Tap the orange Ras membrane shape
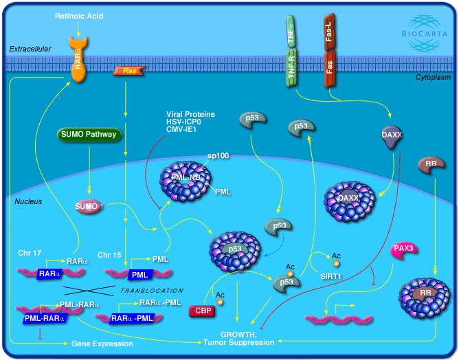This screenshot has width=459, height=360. [129, 71]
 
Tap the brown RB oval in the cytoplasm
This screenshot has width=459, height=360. [431, 165]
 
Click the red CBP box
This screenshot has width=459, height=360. [201, 311]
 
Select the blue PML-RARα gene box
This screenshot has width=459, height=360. [36, 317]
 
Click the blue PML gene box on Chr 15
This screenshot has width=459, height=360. [140, 275]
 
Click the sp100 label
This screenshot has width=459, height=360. [219, 157]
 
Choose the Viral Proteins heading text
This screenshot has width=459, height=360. [190, 114]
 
